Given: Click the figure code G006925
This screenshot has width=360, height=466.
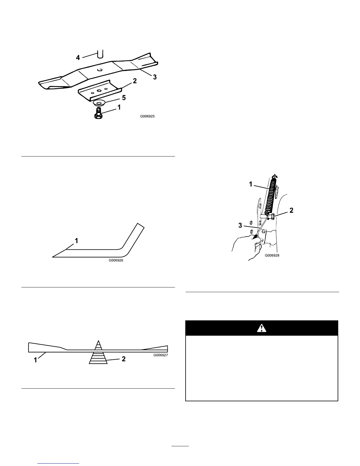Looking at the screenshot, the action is [x=147, y=116].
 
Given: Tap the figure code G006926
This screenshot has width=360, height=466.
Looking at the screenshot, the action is [x=116, y=260].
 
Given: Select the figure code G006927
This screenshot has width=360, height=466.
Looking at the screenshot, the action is [x=161, y=355].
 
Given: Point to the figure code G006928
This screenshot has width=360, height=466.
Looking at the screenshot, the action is [x=272, y=255].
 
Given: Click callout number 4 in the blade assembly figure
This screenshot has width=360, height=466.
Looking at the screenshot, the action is [x=78, y=58].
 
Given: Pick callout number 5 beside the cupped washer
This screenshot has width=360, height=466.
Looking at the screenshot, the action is [x=124, y=98].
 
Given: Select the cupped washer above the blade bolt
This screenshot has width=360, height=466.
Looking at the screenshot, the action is [x=99, y=103].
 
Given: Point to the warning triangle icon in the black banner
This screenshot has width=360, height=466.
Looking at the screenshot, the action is [x=261, y=328].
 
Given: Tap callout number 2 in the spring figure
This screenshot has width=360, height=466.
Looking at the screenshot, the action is [x=291, y=210].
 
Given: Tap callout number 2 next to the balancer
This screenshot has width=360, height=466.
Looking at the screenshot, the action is [x=124, y=359].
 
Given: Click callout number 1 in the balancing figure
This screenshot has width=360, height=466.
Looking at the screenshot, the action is [x=35, y=360].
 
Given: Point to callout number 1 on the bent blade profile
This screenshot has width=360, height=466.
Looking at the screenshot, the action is [x=76, y=241].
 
